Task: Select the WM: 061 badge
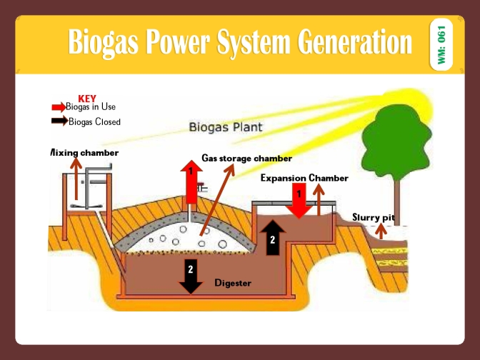coord(441,45)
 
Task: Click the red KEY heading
coord(86,98)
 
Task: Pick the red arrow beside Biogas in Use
coord(59,107)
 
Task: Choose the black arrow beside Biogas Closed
coord(59,121)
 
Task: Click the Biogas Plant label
coord(225,128)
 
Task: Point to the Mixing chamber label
coord(84,153)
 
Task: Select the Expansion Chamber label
coord(304,177)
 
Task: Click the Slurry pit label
coord(373,216)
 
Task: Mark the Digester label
coord(233,283)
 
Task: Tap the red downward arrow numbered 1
coord(298,200)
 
